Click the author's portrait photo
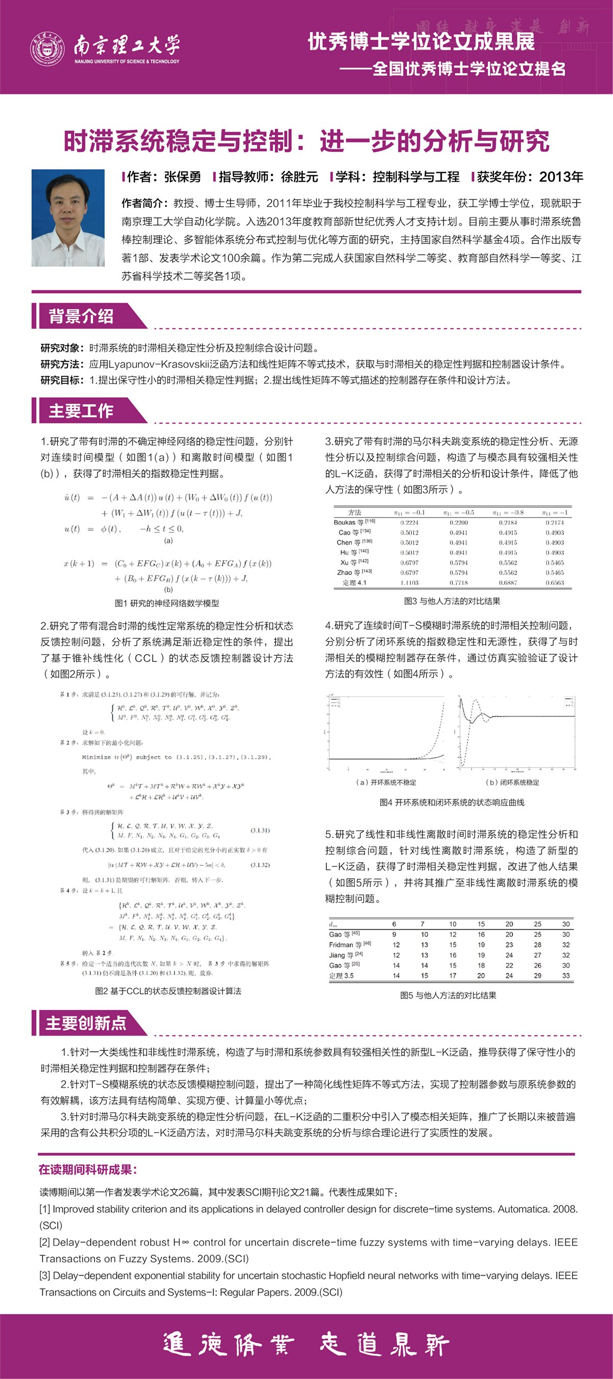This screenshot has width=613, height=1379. pos(68,218)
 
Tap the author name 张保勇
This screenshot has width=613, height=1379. pos(182,177)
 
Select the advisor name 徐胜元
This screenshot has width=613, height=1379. pos(299,177)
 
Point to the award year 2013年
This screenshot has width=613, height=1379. pos(560,177)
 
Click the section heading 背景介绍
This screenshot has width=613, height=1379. pos(81,316)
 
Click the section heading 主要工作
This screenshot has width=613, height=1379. pos(81,411)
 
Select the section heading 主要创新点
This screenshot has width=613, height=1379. pos(86,1024)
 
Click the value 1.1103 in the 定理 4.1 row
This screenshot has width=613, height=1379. pos(409,583)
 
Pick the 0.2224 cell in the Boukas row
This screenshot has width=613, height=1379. pos(409,522)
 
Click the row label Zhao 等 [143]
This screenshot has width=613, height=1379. pos(354,572)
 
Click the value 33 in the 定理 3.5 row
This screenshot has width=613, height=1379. pos(566,975)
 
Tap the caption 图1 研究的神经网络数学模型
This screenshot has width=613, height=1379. pos(167,603)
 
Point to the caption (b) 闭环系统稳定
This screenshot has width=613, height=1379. pos(512,783)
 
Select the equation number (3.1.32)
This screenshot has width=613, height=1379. pos(260,864)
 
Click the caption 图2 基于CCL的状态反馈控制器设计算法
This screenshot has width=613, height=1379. pos(168,991)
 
